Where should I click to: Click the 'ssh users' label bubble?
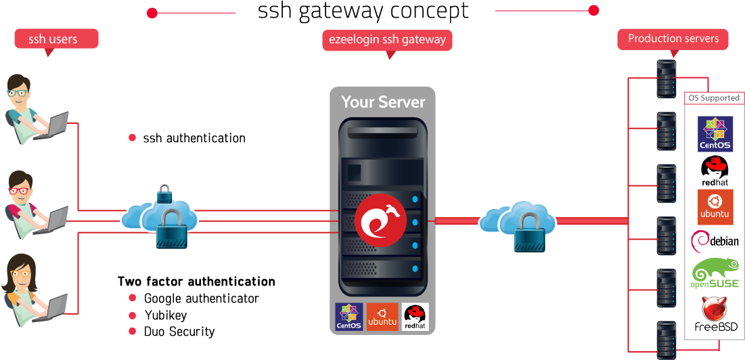[56, 39]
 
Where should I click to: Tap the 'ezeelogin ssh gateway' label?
[387, 39]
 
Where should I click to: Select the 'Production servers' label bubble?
[673, 39]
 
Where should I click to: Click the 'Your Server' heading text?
[383, 102]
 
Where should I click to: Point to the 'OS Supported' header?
[714, 98]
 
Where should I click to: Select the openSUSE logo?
[715, 274]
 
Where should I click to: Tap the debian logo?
[715, 240]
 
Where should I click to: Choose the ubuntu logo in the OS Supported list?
[715, 206]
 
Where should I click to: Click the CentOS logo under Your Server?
[349, 316]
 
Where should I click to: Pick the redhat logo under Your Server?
[415, 316]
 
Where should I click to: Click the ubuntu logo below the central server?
[382, 316]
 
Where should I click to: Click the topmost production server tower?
[666, 78]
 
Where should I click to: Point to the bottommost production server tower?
[666, 338]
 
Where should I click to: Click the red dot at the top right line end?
[593, 11]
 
